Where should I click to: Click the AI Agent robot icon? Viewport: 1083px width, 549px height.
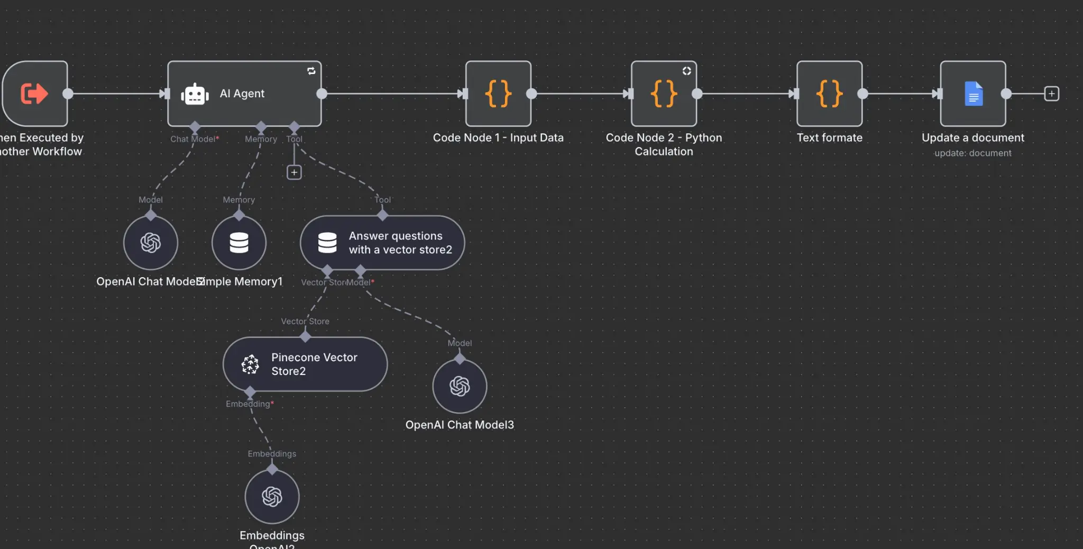[x=195, y=94]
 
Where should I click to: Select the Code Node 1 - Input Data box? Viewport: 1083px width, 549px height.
[x=498, y=94]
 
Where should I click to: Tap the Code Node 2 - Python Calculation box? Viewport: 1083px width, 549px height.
[x=664, y=94]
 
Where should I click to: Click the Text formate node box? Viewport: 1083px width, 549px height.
[x=829, y=94]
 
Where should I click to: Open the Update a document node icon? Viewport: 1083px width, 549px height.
[x=973, y=94]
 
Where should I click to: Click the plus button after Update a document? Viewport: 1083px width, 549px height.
[x=1051, y=94]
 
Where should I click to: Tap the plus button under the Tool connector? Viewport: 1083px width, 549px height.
[x=294, y=172]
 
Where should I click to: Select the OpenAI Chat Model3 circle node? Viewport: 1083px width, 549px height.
[x=460, y=386]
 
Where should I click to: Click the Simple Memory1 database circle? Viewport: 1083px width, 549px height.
[x=239, y=243]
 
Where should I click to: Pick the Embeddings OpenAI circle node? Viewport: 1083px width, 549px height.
[x=272, y=497]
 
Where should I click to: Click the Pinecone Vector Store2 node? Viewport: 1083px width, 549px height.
[x=305, y=364]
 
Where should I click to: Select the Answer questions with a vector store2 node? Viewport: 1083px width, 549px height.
[x=382, y=243]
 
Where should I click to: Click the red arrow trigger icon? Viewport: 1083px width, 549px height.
[x=34, y=94]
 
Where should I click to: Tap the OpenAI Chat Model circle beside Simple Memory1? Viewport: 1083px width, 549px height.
[x=151, y=243]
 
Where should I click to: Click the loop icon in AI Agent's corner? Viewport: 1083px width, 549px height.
[x=311, y=71]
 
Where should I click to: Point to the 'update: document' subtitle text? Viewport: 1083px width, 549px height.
[x=972, y=153]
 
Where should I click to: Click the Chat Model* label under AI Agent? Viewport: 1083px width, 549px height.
[x=194, y=139]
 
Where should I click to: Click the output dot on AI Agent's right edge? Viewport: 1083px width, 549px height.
[x=322, y=94]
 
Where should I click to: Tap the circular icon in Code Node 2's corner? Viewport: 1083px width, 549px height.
[x=686, y=71]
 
